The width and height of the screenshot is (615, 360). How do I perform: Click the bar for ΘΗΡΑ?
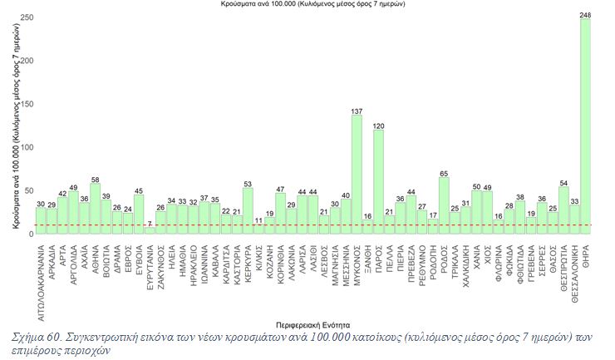point(585,125)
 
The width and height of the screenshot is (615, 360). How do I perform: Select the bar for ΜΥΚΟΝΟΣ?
point(357,175)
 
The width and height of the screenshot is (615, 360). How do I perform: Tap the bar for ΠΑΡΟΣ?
point(378,182)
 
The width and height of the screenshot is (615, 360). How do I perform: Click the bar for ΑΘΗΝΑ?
point(95,209)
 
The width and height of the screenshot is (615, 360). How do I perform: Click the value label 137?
point(357,111)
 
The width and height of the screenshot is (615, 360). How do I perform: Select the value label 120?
point(378,126)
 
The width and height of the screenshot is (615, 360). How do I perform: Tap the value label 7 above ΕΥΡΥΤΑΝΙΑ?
point(150,223)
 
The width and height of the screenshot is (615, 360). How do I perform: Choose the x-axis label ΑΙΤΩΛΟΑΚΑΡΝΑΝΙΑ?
point(41,278)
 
